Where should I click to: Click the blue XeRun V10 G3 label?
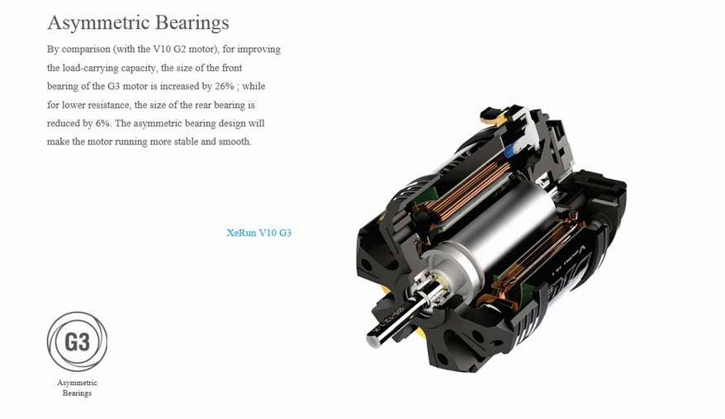click(x=258, y=233)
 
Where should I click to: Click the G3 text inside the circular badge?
click(x=77, y=341)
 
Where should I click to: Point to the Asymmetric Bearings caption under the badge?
click(x=77, y=388)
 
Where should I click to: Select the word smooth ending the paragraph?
click(x=234, y=142)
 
